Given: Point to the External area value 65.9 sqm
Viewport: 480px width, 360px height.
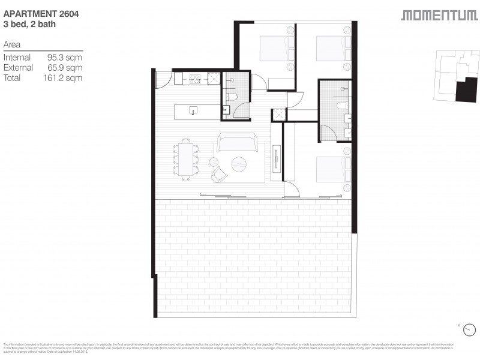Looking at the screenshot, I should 64,68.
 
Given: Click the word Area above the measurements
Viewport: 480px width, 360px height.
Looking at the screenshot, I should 12,44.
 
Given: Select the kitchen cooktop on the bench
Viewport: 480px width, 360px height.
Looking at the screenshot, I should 195,78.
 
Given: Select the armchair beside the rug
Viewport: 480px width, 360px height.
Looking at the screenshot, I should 219,174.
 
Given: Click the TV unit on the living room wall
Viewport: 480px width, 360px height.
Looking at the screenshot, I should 276,160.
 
